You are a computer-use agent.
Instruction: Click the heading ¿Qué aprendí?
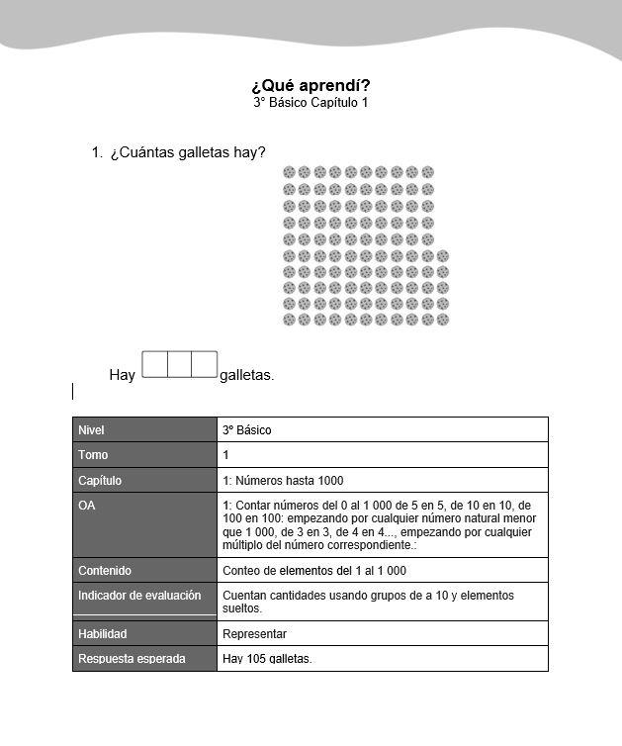click(x=311, y=85)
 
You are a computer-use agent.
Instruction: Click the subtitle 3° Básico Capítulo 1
click(x=311, y=103)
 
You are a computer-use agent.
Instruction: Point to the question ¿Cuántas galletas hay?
click(x=187, y=152)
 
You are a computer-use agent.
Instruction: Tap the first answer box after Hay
click(x=154, y=364)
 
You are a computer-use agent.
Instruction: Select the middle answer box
click(x=180, y=364)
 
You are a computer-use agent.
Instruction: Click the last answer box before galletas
click(x=205, y=364)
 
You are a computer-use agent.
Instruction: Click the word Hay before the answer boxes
click(x=122, y=375)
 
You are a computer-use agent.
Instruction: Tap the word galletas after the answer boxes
click(x=246, y=375)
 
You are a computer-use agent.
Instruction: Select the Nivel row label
click(x=91, y=430)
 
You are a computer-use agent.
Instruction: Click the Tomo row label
click(x=93, y=455)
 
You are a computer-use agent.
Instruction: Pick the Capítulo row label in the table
click(x=99, y=481)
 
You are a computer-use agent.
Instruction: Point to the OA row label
click(x=86, y=506)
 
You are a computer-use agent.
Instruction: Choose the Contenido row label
click(x=105, y=571)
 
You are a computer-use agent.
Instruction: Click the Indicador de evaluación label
click(x=139, y=596)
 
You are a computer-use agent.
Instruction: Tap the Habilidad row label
click(x=103, y=634)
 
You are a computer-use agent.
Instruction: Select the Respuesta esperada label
click(x=132, y=659)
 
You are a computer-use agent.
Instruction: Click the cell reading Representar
click(x=255, y=634)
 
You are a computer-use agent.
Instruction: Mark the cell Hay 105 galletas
click(x=267, y=659)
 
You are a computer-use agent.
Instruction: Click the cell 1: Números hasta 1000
click(x=283, y=481)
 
